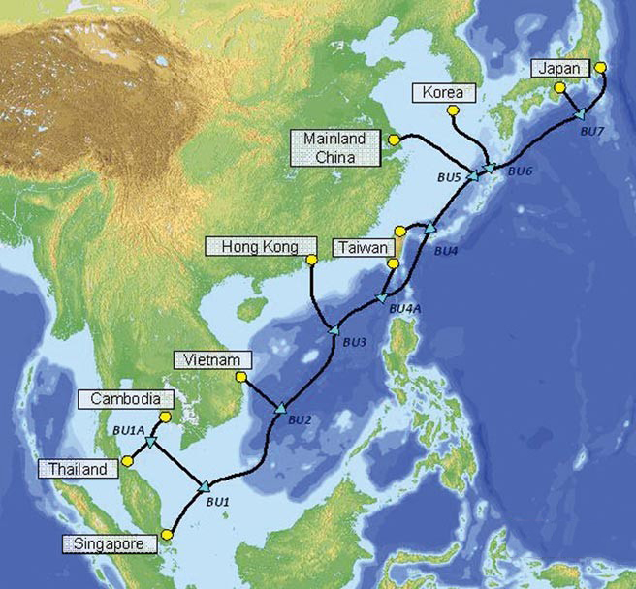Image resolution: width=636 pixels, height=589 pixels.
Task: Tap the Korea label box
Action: [444, 93]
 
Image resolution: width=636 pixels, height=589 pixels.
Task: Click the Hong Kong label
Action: [252, 246]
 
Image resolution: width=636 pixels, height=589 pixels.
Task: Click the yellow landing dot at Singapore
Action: [168, 534]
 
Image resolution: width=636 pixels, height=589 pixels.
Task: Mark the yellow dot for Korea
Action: [452, 110]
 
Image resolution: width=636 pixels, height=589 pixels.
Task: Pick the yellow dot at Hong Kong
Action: [311, 260]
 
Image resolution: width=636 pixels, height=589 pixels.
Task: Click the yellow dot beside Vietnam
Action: [241, 376]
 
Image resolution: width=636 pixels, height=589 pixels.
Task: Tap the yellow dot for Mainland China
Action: [394, 140]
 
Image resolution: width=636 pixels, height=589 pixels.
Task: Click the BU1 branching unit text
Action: [217, 503]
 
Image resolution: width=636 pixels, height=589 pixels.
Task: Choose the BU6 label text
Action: [520, 171]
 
